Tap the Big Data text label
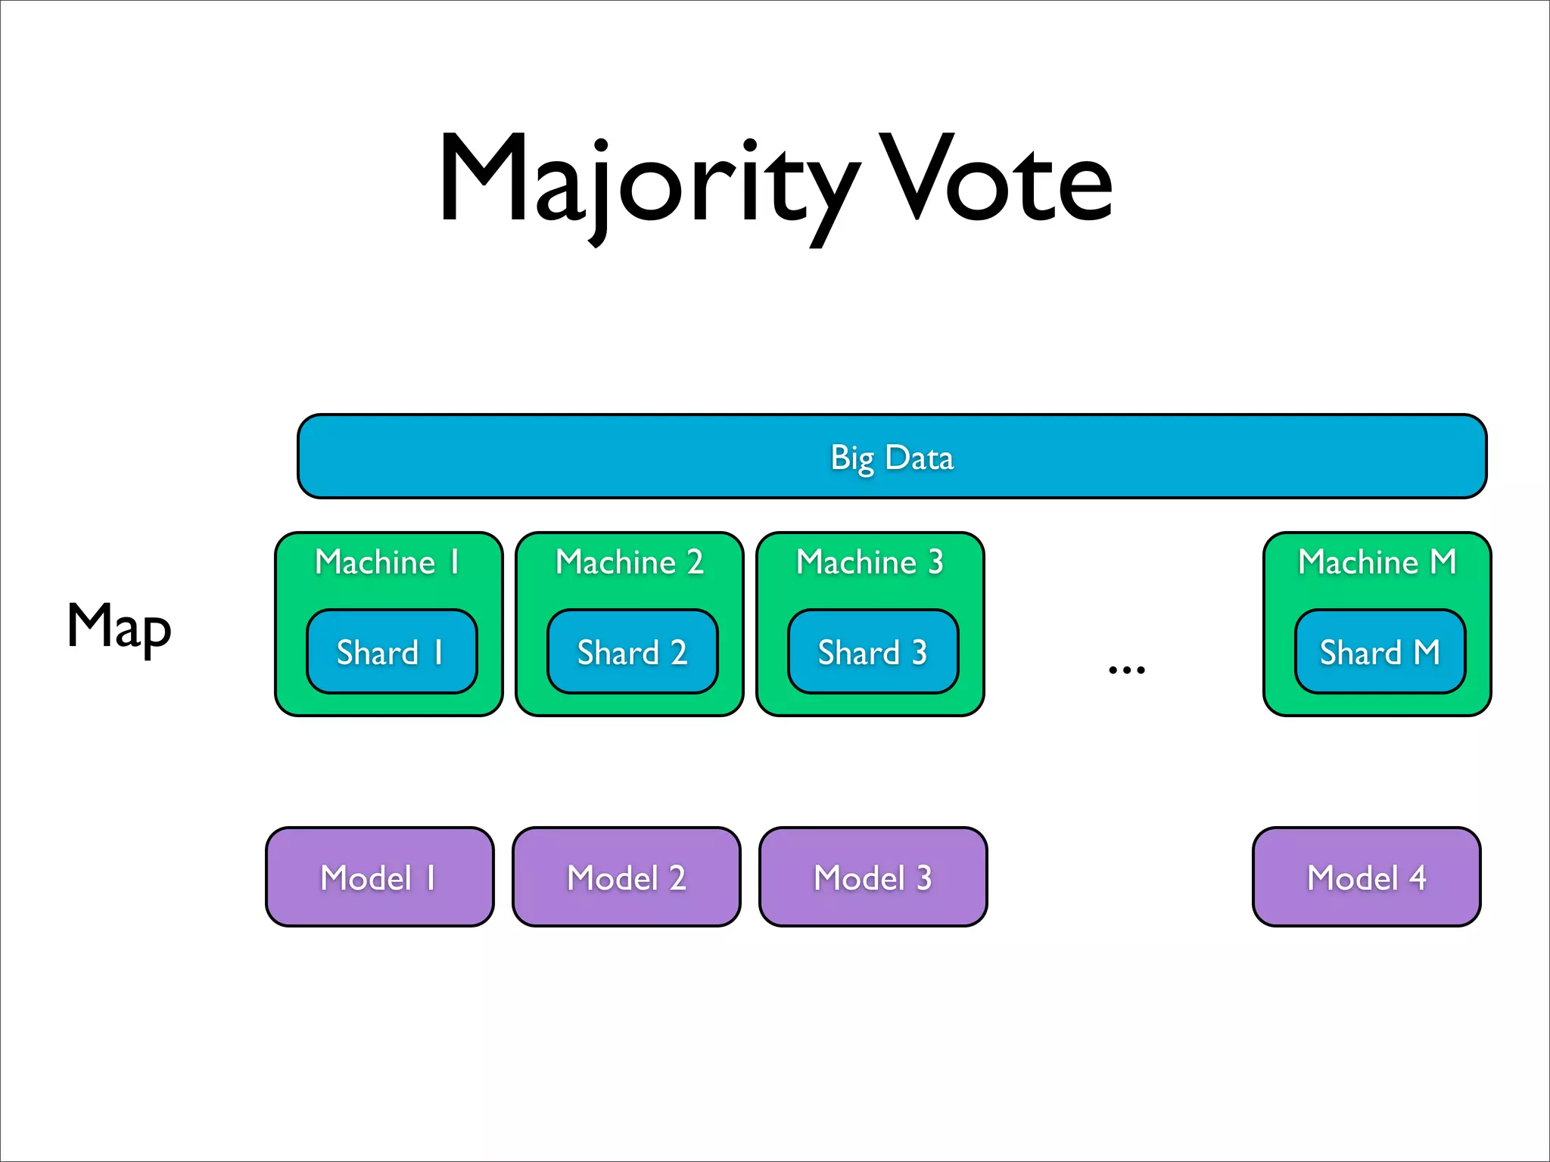pos(892,458)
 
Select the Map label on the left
pos(120,627)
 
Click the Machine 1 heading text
pos(387,562)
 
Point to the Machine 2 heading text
pos(629,562)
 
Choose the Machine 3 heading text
pos(870,562)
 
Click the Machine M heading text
pos(1377,562)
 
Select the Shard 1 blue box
pos(391,651)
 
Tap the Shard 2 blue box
pos(632,651)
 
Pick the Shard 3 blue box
pos(873,651)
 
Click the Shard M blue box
pos(1380,651)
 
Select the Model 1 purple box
pos(379,877)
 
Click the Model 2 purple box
pos(626,877)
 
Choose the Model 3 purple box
pos(873,877)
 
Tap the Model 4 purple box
pos(1366,877)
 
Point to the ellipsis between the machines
pos(1126,670)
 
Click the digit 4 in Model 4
pos(1418,878)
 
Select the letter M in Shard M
pos(1427,652)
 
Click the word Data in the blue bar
pos(920,458)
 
